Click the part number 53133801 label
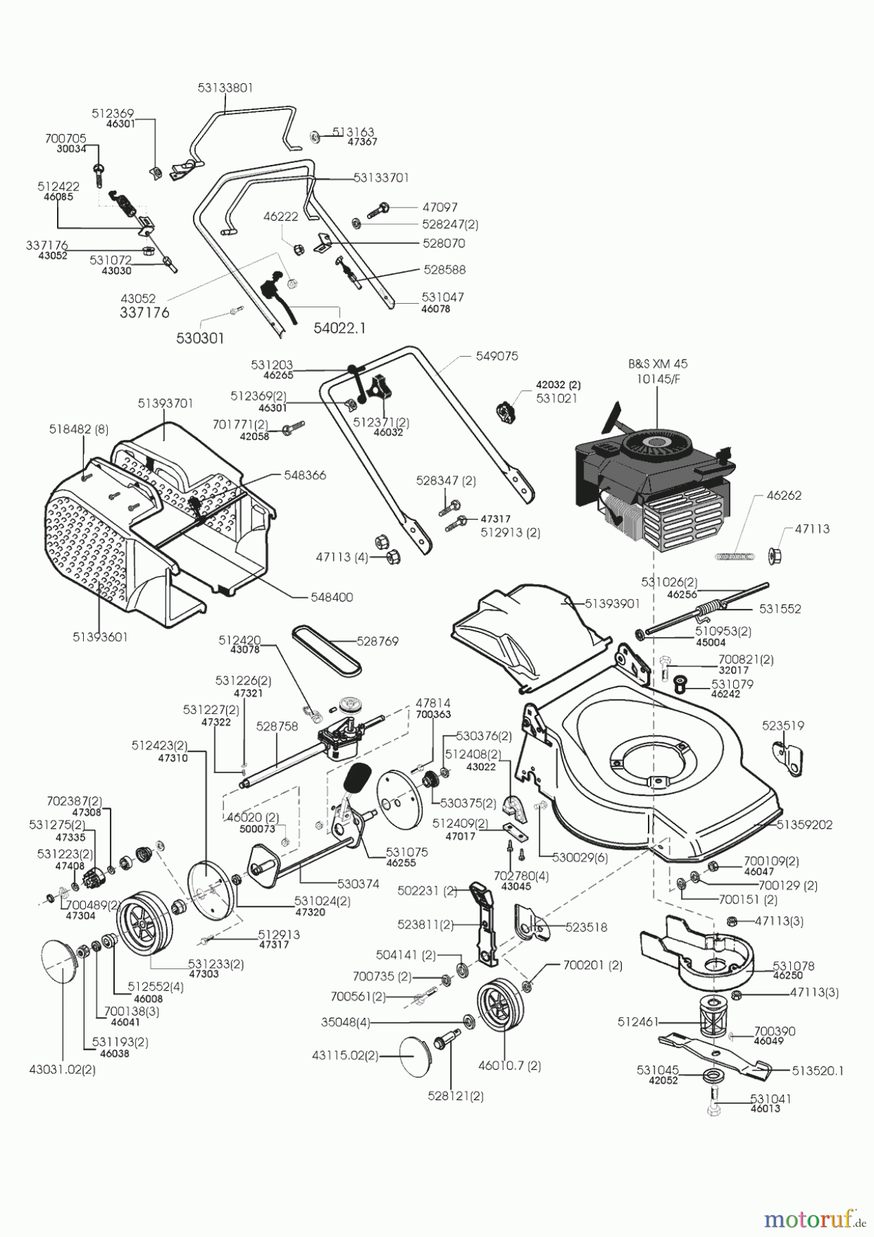tap(225, 88)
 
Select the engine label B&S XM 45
tap(657, 364)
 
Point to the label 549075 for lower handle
tap(497, 357)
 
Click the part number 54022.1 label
tap(339, 328)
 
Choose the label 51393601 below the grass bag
tap(100, 637)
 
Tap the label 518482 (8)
tap(79, 428)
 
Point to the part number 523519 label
tap(783, 725)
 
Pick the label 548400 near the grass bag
tap(332, 597)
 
